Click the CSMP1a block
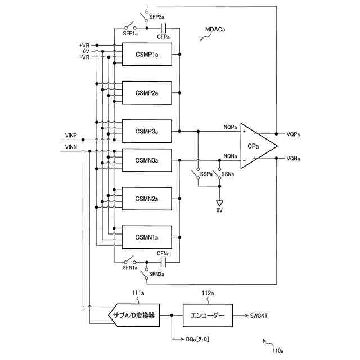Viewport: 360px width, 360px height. click(147, 55)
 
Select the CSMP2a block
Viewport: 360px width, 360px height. click(147, 93)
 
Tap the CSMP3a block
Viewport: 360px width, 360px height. click(147, 131)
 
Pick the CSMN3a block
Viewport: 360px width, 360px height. click(147, 160)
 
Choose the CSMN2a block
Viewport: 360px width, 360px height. click(147, 199)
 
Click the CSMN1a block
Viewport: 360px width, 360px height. click(147, 237)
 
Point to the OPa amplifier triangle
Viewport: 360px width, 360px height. click(256, 146)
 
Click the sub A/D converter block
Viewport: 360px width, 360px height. click(134, 316)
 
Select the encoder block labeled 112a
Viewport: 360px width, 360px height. click(206, 316)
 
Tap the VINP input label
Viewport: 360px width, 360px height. click(71, 136)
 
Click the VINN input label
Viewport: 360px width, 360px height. click(71, 147)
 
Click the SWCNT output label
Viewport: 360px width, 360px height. click(259, 316)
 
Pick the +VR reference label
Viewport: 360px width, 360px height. click(84, 45)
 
